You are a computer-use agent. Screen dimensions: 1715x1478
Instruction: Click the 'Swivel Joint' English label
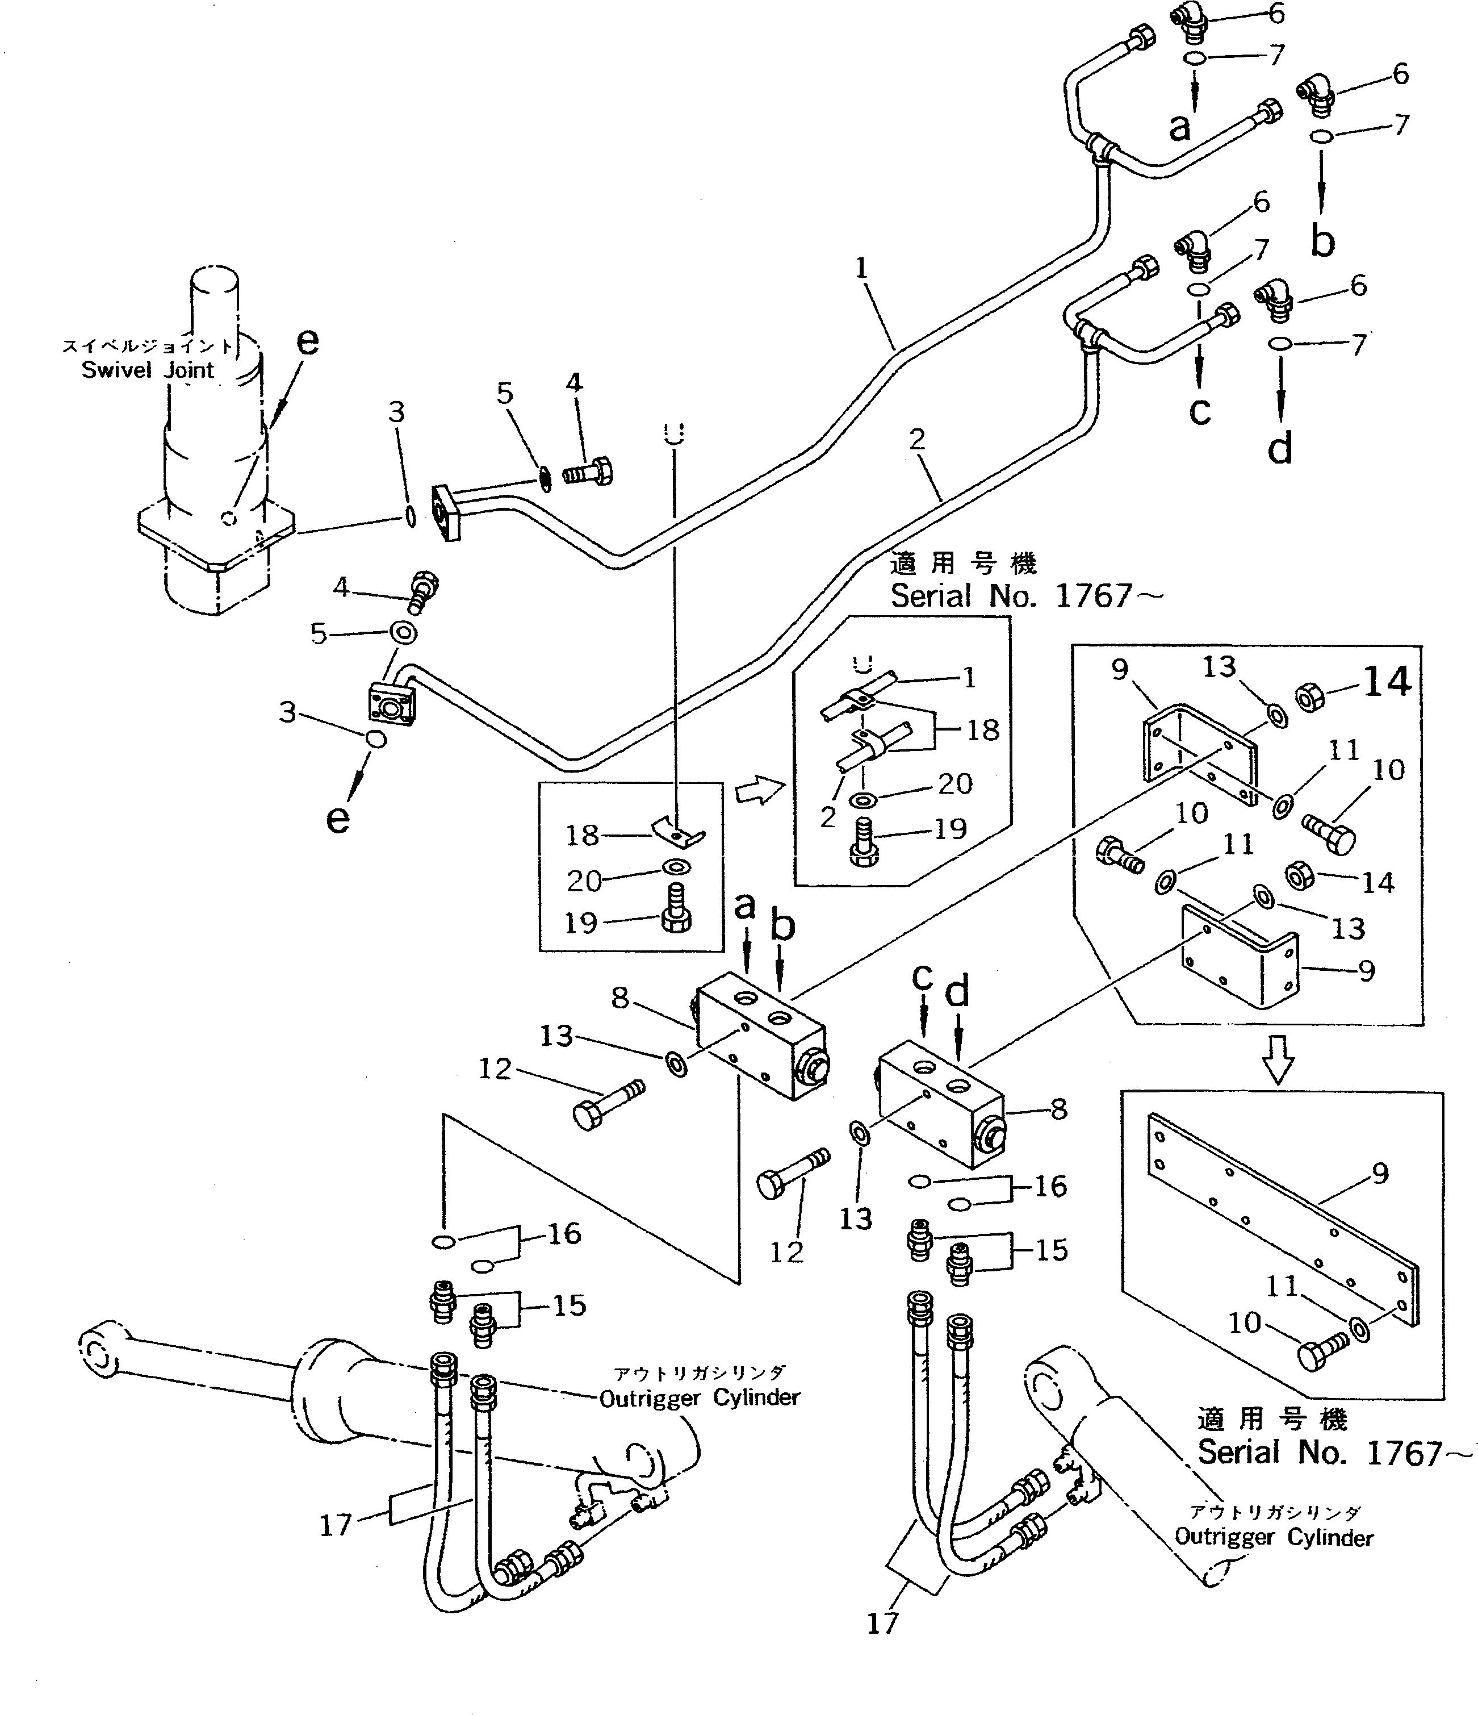pyautogui.click(x=147, y=369)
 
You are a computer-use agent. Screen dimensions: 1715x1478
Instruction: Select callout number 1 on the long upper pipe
pyautogui.click(x=861, y=268)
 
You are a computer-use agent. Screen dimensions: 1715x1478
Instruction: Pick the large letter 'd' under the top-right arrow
pyautogui.click(x=1279, y=449)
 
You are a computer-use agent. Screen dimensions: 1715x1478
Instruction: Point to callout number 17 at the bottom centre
pyautogui.click(x=882, y=1623)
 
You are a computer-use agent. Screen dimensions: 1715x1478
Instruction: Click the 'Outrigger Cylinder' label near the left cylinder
pyautogui.click(x=700, y=1398)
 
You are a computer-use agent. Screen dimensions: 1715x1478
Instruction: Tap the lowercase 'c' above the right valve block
pyautogui.click(x=923, y=978)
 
